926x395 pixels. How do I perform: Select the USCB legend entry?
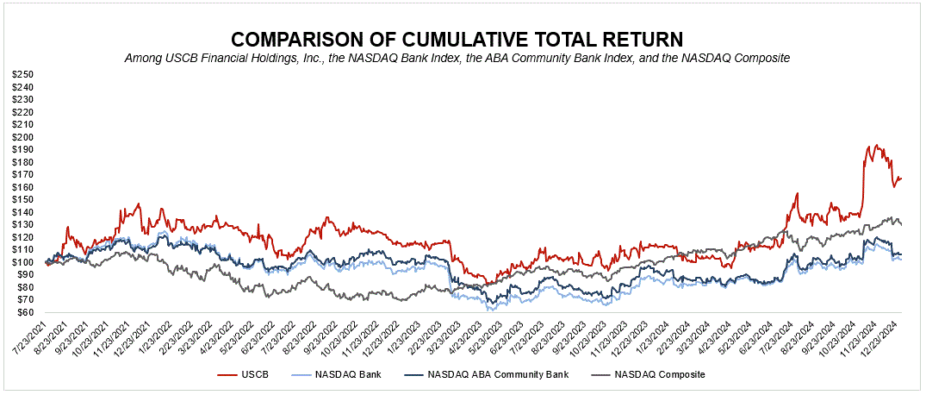pos(256,375)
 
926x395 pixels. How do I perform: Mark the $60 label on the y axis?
pos(23,312)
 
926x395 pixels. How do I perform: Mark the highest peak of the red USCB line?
pos(876,145)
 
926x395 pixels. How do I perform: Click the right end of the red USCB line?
pos(901,179)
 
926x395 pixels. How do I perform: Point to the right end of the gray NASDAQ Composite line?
pos(901,224)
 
